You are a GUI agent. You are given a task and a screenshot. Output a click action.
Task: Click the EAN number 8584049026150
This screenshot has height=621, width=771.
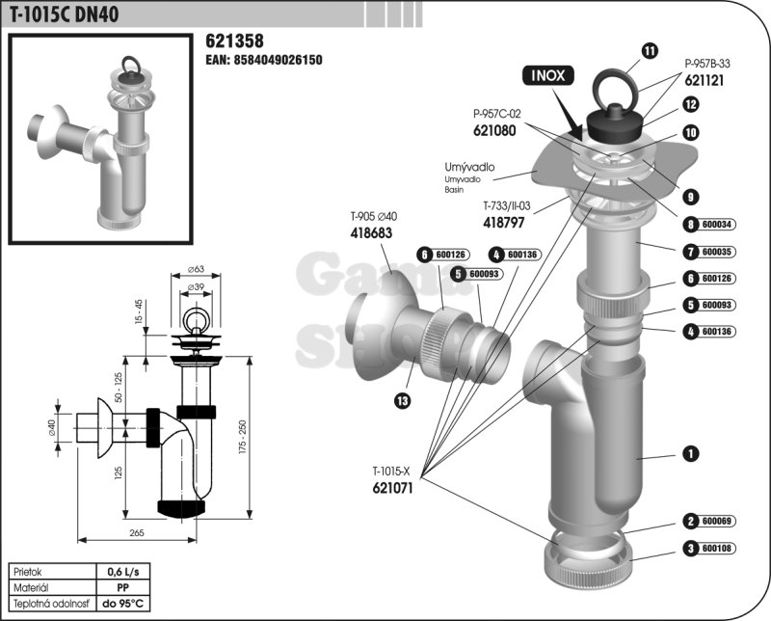coord(264,60)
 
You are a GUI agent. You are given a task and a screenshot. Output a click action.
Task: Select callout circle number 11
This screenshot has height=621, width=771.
coord(650,50)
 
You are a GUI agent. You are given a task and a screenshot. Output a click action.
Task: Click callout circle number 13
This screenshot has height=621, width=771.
coord(402,399)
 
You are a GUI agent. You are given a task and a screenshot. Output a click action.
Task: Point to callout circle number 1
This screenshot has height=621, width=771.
coord(690,452)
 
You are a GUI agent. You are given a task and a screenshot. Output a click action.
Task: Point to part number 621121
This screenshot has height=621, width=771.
coord(705,82)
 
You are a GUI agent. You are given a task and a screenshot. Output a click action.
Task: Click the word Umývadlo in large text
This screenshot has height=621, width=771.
coord(469,167)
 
